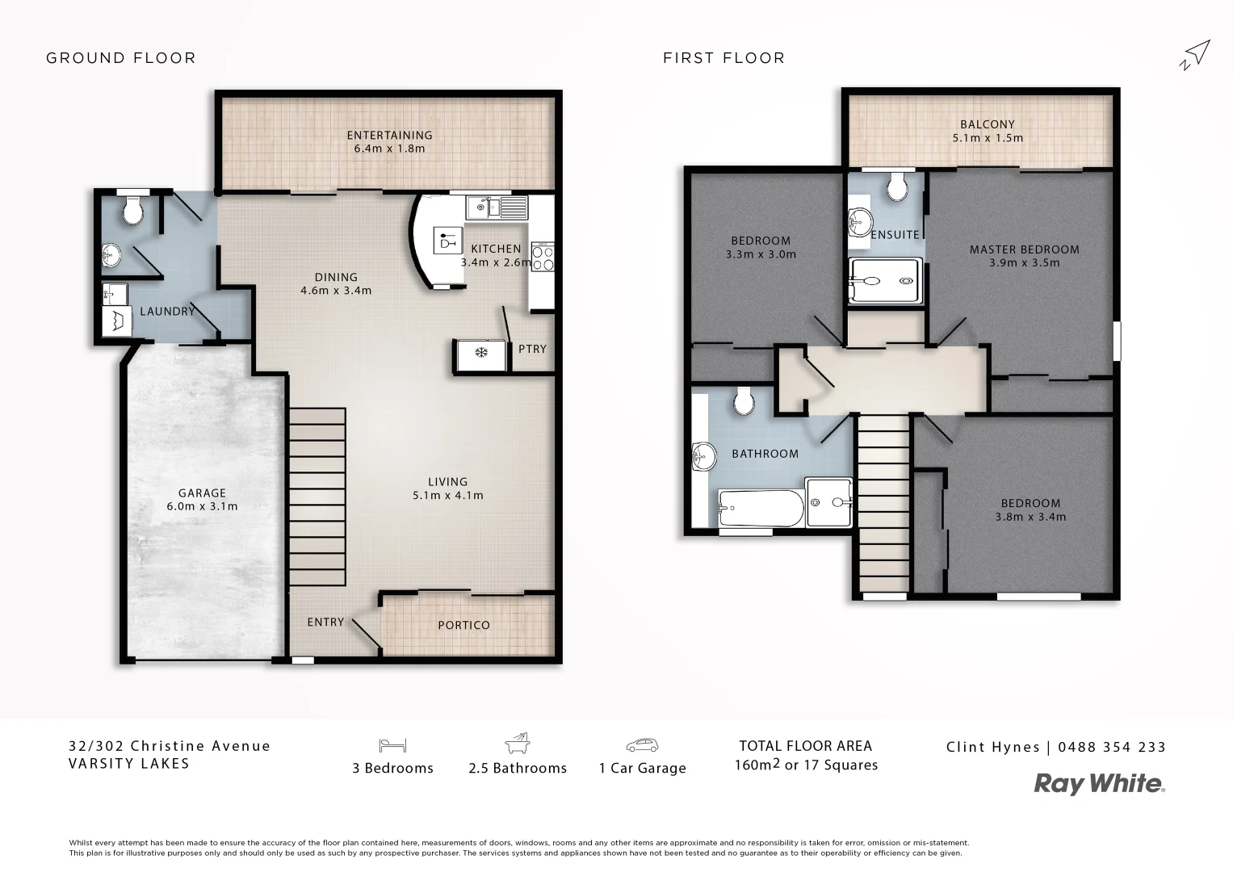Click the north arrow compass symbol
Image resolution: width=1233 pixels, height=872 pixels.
tap(1195, 55)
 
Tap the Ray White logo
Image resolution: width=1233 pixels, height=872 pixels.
tap(1100, 784)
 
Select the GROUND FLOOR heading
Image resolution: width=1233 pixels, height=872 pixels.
tap(121, 58)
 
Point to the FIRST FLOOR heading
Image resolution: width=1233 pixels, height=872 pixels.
tap(723, 58)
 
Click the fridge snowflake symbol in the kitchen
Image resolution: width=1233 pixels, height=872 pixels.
tap(481, 353)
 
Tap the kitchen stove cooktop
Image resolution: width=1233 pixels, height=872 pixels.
tap(543, 258)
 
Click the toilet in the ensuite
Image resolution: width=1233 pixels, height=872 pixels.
tap(897, 189)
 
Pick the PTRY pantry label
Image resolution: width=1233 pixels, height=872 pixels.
tap(532, 349)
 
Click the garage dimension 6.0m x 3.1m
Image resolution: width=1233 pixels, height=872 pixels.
tap(202, 506)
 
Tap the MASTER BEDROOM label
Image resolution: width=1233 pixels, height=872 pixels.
tap(1024, 249)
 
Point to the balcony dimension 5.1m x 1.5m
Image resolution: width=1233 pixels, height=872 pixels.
tap(987, 138)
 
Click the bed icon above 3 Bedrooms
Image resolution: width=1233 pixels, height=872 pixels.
tap(392, 745)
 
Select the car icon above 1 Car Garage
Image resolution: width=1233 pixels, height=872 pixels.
tap(642, 745)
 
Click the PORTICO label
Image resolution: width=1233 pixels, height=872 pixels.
tap(463, 625)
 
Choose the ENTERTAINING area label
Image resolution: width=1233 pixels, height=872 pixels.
tap(389, 135)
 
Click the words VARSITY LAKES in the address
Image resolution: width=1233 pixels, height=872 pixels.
tap(129, 764)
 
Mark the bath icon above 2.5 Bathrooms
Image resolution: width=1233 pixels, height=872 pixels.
tap(517, 743)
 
